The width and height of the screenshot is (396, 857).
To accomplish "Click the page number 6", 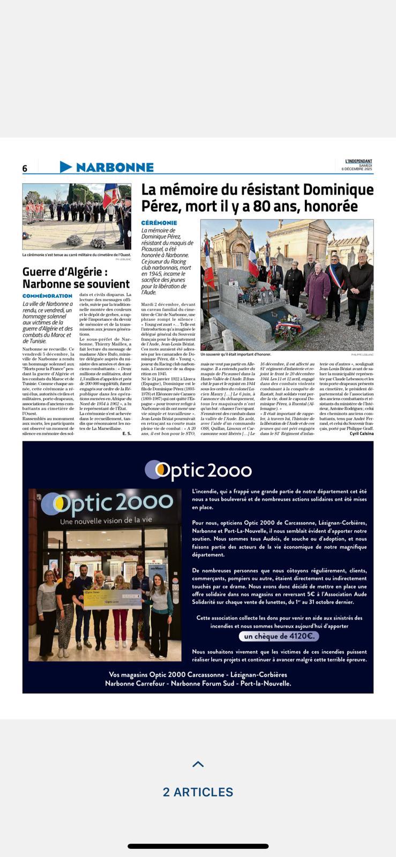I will point(25,168).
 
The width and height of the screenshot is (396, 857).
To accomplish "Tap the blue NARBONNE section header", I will point(115,167).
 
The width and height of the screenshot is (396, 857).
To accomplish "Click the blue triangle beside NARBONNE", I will point(65,167).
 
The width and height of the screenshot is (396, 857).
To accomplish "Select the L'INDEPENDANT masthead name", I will point(358,161).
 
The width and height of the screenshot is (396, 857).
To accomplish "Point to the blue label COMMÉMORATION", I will point(47,296).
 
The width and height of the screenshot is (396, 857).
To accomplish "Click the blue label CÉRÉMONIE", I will point(159,223).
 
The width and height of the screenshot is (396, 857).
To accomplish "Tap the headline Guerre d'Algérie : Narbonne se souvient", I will point(76,278).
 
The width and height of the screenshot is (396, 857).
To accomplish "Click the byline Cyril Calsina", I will point(361,434).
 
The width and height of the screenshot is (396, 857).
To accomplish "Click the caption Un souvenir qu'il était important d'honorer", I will point(236,355).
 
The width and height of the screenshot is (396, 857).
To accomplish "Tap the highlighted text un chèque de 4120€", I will point(279,636).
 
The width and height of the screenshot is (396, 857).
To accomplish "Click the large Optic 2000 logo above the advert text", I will point(198,470).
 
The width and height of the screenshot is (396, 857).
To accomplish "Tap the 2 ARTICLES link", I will point(198,792).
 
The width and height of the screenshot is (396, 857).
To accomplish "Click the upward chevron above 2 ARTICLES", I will point(198,764).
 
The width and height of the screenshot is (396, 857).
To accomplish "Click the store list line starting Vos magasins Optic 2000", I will point(198,675).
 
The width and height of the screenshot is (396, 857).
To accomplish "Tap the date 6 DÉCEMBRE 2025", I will point(357,169).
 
